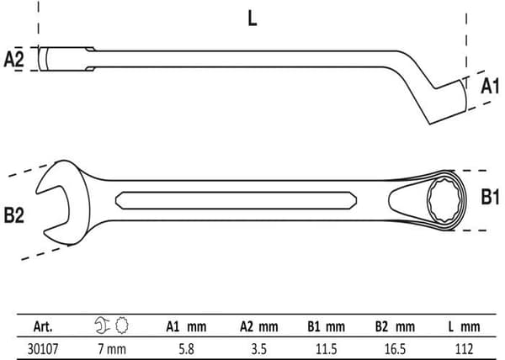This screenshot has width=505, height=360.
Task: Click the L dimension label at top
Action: [252, 19]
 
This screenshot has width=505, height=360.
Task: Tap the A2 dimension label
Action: [13, 59]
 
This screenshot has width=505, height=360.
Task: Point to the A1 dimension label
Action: [490, 86]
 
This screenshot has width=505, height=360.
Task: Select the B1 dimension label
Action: [490, 196]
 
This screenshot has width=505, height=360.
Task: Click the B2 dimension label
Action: [13, 214]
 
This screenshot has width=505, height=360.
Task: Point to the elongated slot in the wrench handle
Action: [236, 200]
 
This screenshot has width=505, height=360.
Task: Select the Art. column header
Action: [43, 327]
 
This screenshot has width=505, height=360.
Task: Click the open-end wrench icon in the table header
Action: [102, 326]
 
